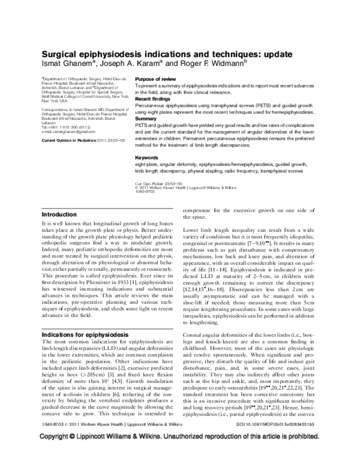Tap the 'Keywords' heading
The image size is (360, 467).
[147, 157]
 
